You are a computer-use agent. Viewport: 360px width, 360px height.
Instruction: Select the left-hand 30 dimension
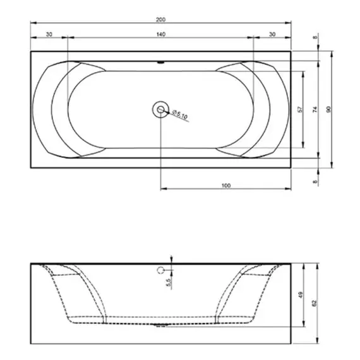[49, 33]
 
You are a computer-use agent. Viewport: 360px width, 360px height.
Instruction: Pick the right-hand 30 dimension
[272, 33]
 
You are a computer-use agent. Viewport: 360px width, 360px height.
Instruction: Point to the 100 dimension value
[225, 185]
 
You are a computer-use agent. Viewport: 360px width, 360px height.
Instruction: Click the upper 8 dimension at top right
[315, 39]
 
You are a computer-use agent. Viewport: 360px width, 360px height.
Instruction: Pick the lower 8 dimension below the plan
[315, 181]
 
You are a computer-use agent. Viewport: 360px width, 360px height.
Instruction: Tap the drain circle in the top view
[161, 110]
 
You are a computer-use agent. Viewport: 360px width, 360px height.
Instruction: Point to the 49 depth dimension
[301, 294]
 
